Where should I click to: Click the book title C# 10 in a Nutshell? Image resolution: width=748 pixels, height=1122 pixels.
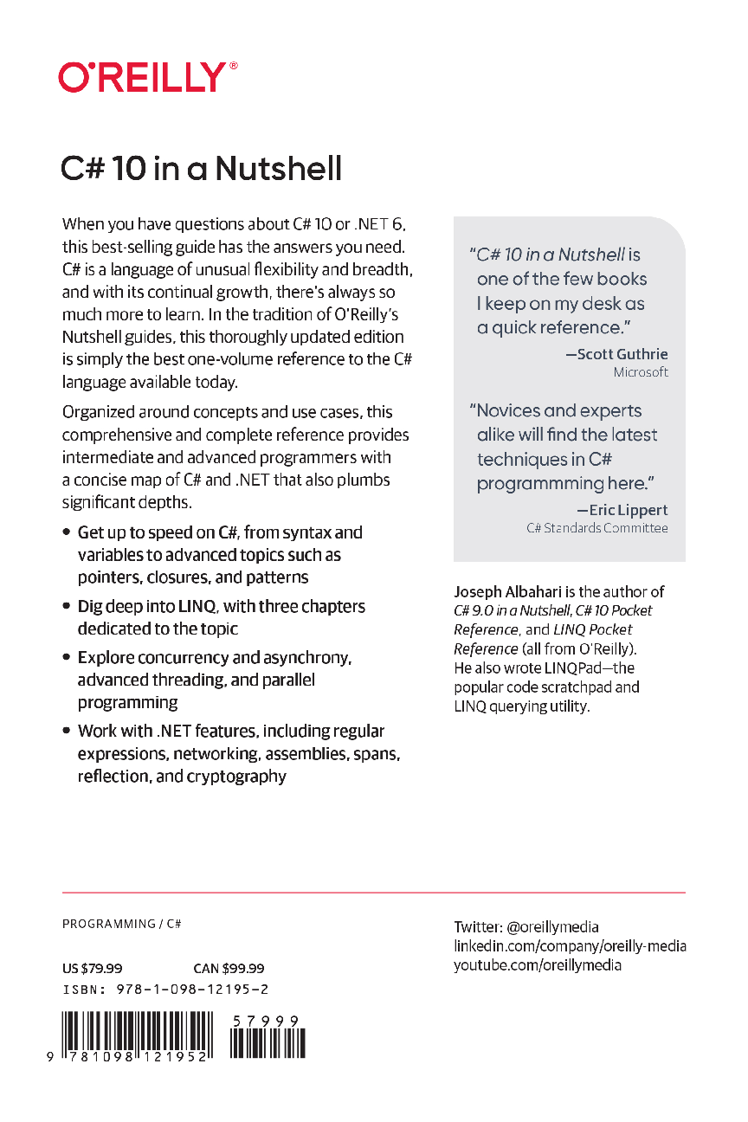(x=202, y=168)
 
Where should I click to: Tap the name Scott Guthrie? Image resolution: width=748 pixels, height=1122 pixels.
(x=622, y=354)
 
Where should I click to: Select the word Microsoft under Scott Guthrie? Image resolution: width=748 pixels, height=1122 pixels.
(x=641, y=372)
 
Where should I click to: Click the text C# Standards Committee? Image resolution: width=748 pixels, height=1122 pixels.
(x=597, y=528)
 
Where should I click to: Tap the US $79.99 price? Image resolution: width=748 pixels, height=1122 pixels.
(x=92, y=969)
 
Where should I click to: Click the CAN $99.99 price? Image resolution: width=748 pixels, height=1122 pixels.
(x=229, y=969)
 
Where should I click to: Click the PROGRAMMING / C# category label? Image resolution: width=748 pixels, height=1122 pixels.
(x=121, y=925)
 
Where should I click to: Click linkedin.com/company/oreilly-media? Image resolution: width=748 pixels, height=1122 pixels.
(x=570, y=946)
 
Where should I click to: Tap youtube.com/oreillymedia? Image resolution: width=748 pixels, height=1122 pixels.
(x=538, y=965)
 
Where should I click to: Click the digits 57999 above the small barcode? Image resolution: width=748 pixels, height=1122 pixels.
(x=267, y=1021)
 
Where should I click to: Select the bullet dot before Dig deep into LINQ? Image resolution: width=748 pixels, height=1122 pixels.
(x=67, y=607)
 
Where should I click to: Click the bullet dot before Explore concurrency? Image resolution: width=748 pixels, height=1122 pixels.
(x=67, y=658)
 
